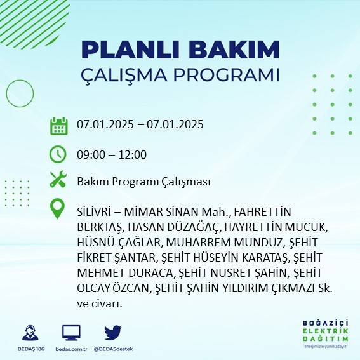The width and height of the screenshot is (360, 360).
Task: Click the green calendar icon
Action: tap(58, 125)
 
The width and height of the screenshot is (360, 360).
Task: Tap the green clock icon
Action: tap(58, 154)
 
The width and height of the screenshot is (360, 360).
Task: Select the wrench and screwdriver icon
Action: tap(58, 180)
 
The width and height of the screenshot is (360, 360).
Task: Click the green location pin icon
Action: tap(58, 209)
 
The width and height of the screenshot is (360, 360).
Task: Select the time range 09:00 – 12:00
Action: tap(111, 154)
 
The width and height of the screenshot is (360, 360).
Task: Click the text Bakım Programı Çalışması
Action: tap(143, 182)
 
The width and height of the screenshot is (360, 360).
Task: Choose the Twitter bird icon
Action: tap(113, 332)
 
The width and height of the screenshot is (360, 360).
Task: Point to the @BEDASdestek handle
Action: tap(113, 349)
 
